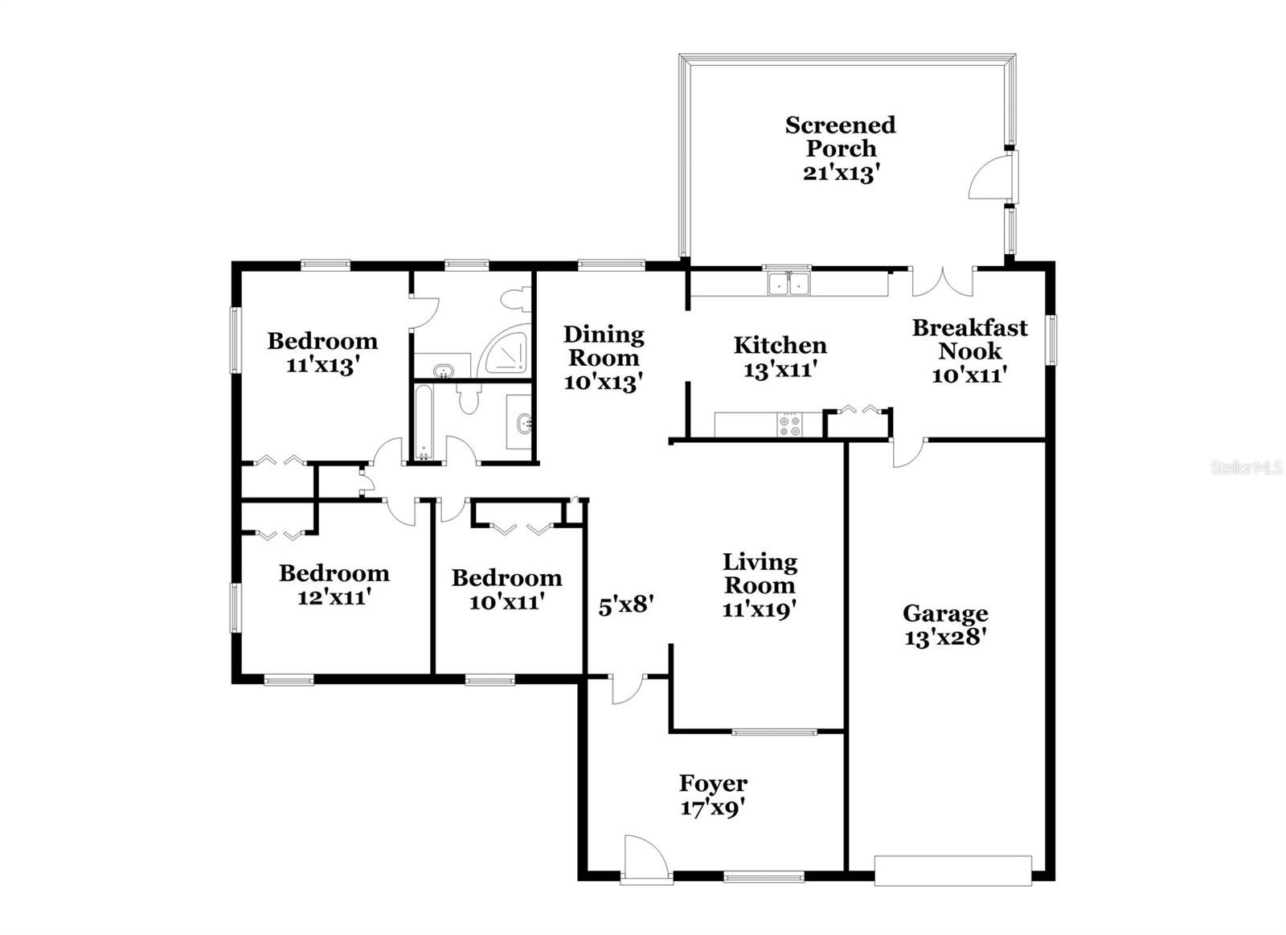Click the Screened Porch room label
[x=841, y=149]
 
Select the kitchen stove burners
[x=789, y=425]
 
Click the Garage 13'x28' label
[x=945, y=625]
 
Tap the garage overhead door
[x=953, y=878]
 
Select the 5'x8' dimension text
[x=626, y=605]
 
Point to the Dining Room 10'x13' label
[x=604, y=358]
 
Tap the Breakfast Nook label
[x=969, y=338]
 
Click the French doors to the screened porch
[x=942, y=281]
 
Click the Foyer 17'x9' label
[x=713, y=794]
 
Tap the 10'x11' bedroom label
[x=506, y=590]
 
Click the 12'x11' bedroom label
[x=334, y=585]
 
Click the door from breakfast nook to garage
[x=908, y=453]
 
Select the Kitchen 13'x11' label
[x=780, y=357]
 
